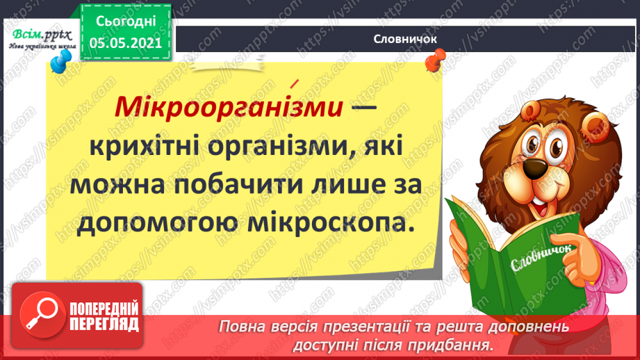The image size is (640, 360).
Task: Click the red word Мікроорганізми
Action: (229, 108)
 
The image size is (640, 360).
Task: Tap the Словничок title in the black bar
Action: (404, 39)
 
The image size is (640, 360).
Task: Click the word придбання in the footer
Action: (459, 344)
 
